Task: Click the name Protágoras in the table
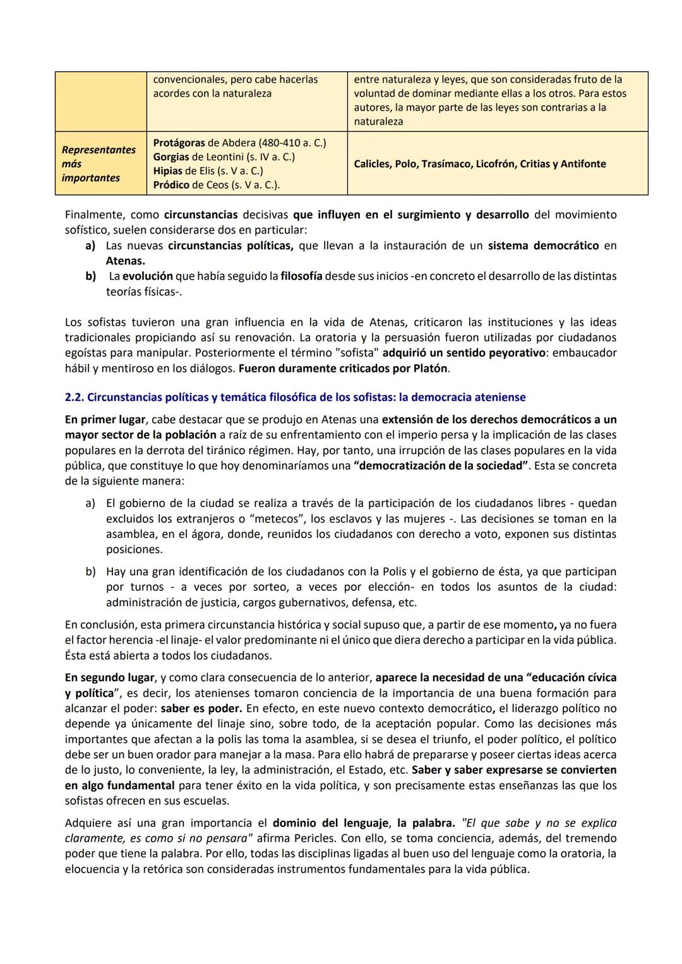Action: [x=179, y=143]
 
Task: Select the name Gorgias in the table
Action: [x=170, y=157]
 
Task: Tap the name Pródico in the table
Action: [x=170, y=185]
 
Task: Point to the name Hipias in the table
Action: [x=167, y=170]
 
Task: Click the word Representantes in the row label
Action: [x=99, y=150]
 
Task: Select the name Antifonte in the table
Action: [x=583, y=164]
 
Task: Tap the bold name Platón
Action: [x=429, y=368]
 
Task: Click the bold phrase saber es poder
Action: [x=200, y=708]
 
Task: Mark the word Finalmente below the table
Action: [x=94, y=215]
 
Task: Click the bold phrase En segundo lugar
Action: [x=109, y=677]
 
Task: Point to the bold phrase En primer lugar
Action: [x=105, y=419]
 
